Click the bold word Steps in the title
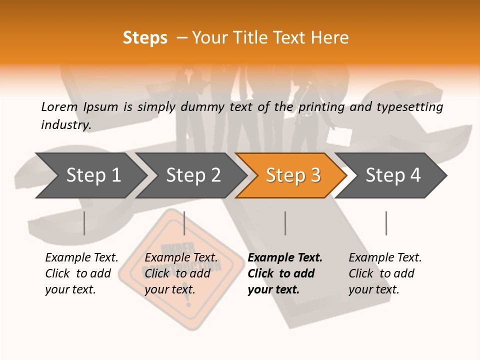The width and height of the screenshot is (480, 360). [x=145, y=38]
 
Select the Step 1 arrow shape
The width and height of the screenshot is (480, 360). [x=90, y=175]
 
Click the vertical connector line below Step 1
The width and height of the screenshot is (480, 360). [x=84, y=223]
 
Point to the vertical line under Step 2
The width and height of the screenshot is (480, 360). [x=184, y=223]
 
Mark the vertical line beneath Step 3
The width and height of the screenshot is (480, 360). [x=285, y=223]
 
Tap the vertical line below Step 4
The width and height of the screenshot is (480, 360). [x=386, y=223]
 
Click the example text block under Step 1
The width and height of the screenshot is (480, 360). [x=81, y=273]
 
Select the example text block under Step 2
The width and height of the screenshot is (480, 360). [x=181, y=273]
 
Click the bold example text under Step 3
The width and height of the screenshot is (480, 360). [x=284, y=273]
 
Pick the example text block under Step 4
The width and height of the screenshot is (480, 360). [x=385, y=273]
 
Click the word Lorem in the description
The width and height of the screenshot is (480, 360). [x=59, y=107]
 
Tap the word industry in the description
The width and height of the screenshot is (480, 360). [x=65, y=125]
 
